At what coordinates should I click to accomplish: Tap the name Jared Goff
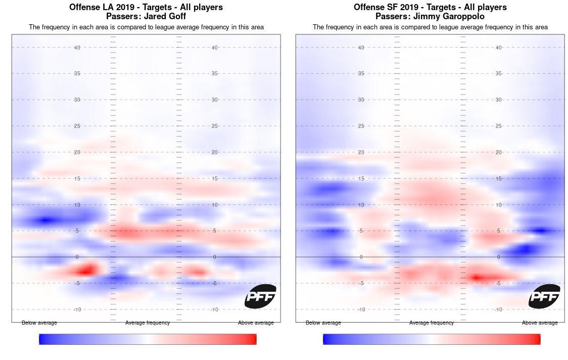pos(165,16)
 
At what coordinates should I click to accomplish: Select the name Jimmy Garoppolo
pos(453,16)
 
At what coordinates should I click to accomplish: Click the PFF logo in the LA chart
pos(260,296)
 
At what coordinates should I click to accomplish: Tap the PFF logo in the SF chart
pos(544,296)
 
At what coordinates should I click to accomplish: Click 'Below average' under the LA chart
pos(39,323)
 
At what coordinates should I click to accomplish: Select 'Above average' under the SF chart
pos(540,323)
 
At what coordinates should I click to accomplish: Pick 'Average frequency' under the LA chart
pos(148,323)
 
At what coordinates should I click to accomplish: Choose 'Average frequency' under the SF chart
pos(432,323)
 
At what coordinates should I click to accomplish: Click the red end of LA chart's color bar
pos(253,339)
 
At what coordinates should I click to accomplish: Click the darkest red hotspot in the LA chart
pos(87,269)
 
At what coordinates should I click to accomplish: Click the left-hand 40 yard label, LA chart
pos(77,48)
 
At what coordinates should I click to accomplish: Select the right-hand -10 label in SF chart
pos(498,309)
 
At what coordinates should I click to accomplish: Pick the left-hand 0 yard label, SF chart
pos(361,257)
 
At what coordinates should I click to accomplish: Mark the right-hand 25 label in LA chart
pos(215,126)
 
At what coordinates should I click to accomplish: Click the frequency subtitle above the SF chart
pos(430,27)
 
